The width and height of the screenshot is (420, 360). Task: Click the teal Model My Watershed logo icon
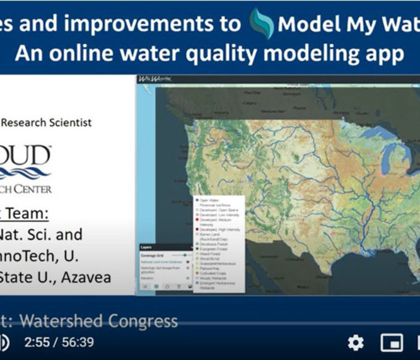(262, 23)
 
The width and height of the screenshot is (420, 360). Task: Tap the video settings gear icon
(356, 343)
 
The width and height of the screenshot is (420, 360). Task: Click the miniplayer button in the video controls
(391, 343)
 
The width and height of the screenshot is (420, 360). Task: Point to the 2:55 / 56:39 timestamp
(59, 343)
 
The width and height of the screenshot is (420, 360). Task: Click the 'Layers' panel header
(146, 247)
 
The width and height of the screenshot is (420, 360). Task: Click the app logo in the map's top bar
(148, 79)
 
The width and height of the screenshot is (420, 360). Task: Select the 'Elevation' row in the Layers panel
(147, 277)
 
